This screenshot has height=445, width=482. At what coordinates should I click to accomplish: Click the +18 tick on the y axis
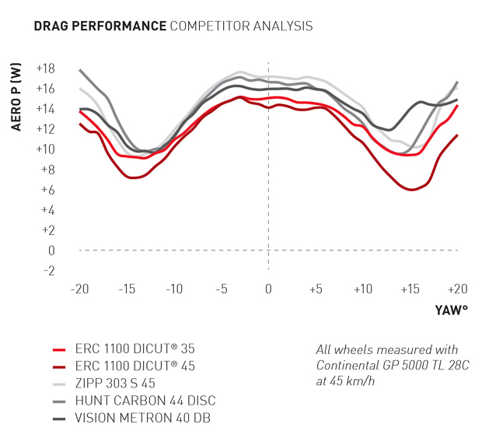46,68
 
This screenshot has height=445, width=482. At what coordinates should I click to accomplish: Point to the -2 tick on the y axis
48,271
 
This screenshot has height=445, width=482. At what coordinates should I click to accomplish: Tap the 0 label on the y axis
52,251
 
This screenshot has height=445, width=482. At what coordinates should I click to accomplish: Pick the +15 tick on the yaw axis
410,289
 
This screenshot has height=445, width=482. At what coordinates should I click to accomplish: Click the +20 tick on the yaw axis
457,289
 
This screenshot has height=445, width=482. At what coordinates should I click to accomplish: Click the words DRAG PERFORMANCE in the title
100,26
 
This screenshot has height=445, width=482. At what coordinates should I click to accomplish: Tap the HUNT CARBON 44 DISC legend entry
144,401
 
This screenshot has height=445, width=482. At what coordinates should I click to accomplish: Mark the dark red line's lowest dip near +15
412,190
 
